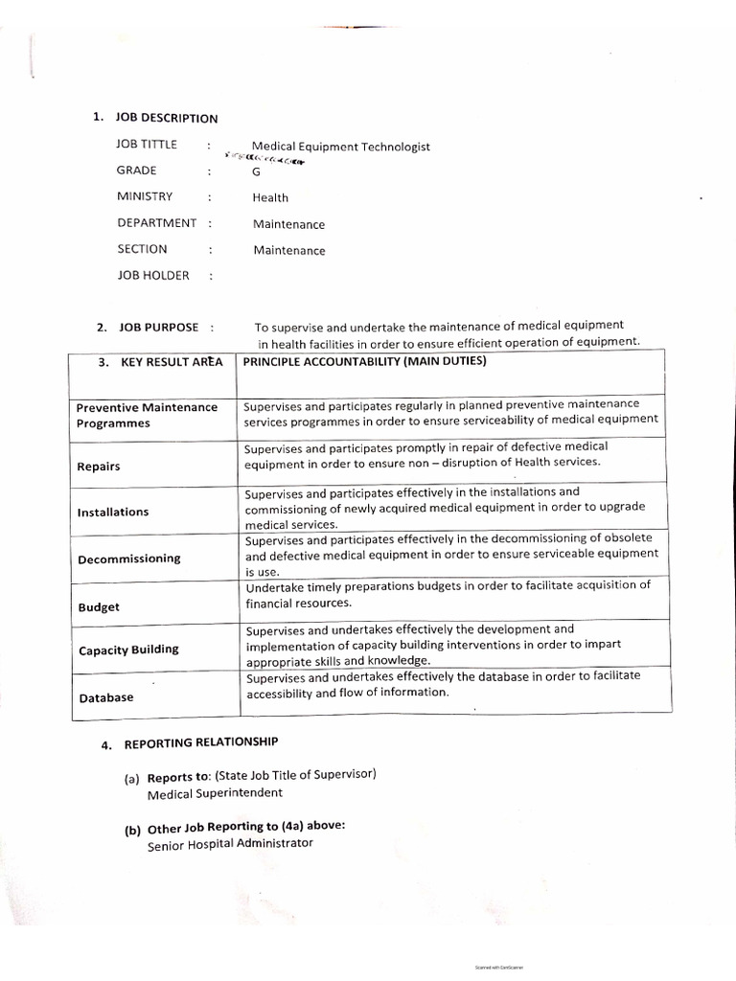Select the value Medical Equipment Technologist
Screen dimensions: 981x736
pos(340,147)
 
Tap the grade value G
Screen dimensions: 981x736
pos(256,172)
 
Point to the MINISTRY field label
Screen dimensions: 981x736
pos(145,196)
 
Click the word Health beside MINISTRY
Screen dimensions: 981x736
pos(270,198)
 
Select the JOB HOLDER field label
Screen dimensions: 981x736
pos(152,275)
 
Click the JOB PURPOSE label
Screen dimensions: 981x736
pos(158,328)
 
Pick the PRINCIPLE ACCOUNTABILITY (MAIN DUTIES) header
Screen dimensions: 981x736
pos(365,361)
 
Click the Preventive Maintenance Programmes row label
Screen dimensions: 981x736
pos(147,415)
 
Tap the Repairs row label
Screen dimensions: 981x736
pos(99,467)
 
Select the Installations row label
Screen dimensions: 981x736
pos(113,512)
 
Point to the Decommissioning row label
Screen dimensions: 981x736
pos(128,559)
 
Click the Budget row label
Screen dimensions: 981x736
pos(99,607)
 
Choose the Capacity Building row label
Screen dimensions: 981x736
pos(128,650)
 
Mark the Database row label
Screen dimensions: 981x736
pos(106,697)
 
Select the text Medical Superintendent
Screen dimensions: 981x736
pos(216,793)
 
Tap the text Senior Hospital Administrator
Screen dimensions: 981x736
pos(230,844)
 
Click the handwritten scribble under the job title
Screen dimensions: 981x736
pos(264,158)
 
